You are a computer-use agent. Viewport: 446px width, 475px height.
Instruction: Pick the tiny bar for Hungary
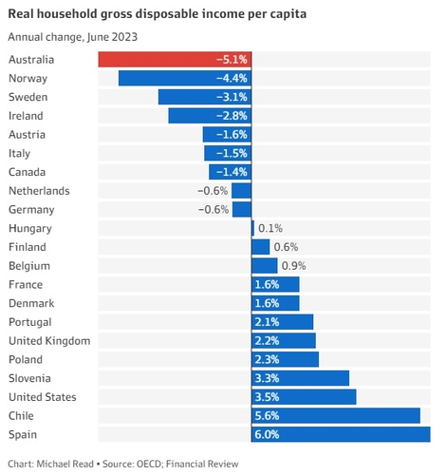tap(252, 228)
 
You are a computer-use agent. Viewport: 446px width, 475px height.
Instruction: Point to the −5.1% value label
tap(232, 59)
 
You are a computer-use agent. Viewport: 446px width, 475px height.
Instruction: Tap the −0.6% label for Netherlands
tap(213, 190)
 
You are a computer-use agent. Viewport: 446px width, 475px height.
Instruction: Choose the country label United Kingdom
tap(48, 340)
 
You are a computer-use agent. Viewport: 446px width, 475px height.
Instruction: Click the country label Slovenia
tap(32, 378)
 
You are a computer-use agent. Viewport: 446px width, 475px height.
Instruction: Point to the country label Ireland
tap(28, 115)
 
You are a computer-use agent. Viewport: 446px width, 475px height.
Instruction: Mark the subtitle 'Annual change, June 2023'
tap(70, 37)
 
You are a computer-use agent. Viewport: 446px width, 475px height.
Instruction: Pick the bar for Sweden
tap(204, 97)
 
